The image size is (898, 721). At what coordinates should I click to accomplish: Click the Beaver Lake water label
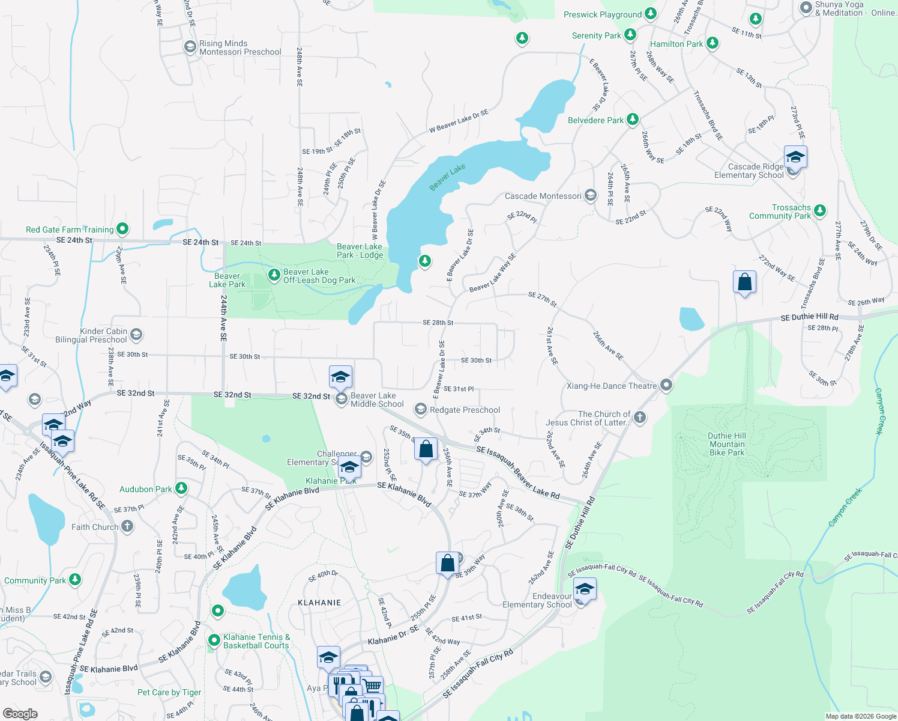[x=448, y=177]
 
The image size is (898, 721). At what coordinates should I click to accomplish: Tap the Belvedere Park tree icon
[x=632, y=120]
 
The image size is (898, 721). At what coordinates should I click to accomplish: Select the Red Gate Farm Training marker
[x=122, y=228]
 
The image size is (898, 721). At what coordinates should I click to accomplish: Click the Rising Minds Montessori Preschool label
[x=240, y=47]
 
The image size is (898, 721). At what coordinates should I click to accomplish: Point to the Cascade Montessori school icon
[x=591, y=195]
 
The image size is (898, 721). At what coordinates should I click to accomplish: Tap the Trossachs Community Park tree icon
[x=820, y=211]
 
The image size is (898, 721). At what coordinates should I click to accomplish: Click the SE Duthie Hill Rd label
[x=809, y=317]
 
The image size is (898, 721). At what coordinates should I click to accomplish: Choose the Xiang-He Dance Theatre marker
[x=666, y=385]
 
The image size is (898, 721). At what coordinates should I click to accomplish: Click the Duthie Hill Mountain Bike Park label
[x=727, y=444]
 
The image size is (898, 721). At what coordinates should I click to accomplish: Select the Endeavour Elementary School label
[x=537, y=600]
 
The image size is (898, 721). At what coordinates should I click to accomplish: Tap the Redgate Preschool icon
[x=421, y=410]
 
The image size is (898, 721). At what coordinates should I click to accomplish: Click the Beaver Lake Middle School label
[x=377, y=400]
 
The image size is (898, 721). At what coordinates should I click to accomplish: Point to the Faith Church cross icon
[x=127, y=526]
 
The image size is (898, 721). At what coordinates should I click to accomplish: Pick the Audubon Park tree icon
[x=181, y=488]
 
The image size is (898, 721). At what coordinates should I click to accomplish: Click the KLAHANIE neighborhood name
[x=319, y=603]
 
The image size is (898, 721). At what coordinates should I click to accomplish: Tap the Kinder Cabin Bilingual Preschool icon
[x=136, y=335]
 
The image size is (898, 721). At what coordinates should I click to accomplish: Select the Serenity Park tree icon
[x=630, y=35]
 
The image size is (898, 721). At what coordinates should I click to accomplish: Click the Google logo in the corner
[x=20, y=713]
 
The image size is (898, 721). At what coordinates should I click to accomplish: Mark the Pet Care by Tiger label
[x=169, y=692]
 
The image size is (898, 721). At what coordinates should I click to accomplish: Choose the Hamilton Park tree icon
[x=713, y=43]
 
